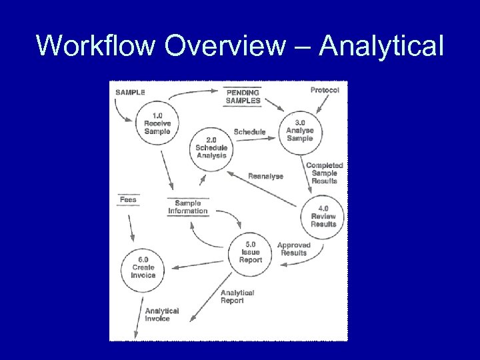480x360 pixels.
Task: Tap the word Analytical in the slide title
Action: (x=381, y=45)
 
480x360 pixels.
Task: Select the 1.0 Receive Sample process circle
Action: (x=157, y=123)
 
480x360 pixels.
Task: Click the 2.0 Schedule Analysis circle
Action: (x=211, y=148)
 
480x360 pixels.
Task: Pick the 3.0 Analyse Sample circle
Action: (x=299, y=131)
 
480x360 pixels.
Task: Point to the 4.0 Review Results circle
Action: (x=323, y=216)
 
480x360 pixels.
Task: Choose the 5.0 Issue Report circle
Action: (x=251, y=252)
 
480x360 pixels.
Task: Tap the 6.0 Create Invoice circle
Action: (x=143, y=267)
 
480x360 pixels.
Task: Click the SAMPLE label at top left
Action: (x=130, y=92)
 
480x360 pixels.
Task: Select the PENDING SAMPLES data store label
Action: (x=243, y=97)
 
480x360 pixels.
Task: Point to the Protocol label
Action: (x=325, y=91)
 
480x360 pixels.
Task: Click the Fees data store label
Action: (x=128, y=199)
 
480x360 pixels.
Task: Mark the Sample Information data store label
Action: (x=188, y=207)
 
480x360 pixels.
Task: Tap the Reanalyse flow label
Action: (x=265, y=176)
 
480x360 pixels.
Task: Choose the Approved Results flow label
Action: (x=294, y=249)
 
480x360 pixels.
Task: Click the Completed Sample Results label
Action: (x=324, y=173)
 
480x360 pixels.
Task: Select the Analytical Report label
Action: (x=237, y=297)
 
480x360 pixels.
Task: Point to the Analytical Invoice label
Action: (x=161, y=315)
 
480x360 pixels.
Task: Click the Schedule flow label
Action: (x=249, y=132)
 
